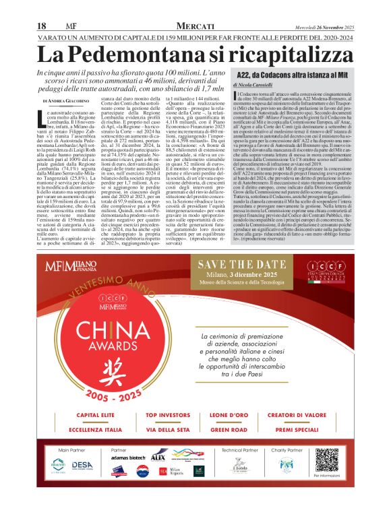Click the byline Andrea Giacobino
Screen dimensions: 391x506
71,100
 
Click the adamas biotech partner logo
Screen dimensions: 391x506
129,476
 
